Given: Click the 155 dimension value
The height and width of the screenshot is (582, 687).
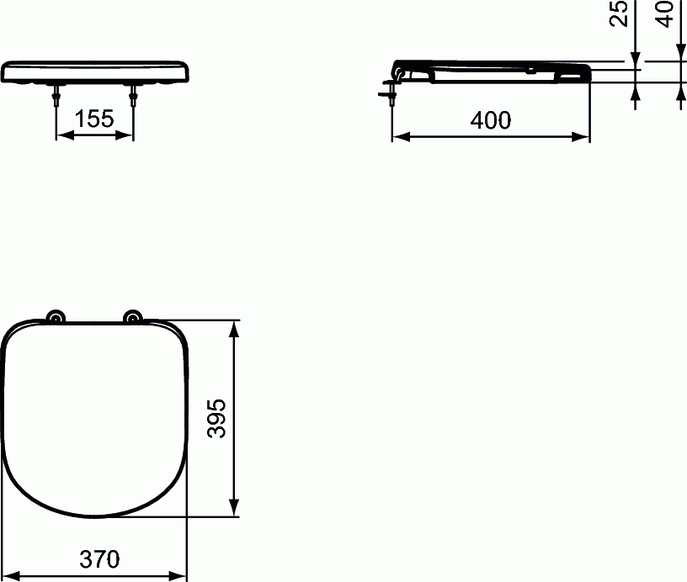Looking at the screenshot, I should point(94,119).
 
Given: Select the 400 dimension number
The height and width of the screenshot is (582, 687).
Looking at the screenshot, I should point(491,120).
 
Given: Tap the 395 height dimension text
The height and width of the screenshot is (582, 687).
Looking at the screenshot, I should point(218,417).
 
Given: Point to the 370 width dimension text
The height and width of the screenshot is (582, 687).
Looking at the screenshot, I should point(100,558).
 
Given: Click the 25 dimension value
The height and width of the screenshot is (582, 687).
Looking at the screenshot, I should point(620,14).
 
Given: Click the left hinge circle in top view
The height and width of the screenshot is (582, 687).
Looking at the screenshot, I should point(56,317).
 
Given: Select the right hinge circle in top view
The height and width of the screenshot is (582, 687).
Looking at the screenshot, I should point(132,317).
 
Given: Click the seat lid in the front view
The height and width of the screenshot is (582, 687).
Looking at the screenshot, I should point(94,71).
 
